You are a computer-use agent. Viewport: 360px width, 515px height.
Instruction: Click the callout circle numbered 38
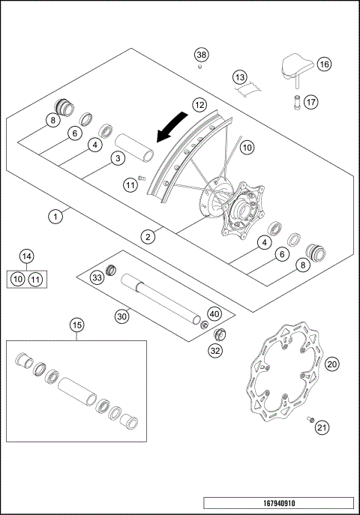(201, 55)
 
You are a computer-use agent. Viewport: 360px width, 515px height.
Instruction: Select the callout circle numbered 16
(324, 64)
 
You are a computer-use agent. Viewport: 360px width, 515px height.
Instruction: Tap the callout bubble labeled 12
(199, 106)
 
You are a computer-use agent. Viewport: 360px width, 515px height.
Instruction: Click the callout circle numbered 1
(54, 217)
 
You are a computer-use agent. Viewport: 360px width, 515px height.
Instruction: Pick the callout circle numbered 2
(148, 236)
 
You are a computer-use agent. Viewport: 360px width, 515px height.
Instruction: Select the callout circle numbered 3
(117, 158)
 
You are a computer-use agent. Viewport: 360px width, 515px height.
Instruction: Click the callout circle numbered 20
(331, 364)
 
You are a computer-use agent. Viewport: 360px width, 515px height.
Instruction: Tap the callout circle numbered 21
(322, 428)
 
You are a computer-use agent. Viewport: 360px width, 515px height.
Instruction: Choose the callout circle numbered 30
(122, 316)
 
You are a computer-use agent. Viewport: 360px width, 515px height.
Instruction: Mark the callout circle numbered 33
(97, 278)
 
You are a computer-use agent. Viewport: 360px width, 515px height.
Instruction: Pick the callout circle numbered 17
(311, 102)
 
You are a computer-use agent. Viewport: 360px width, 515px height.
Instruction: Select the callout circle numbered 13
(239, 77)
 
